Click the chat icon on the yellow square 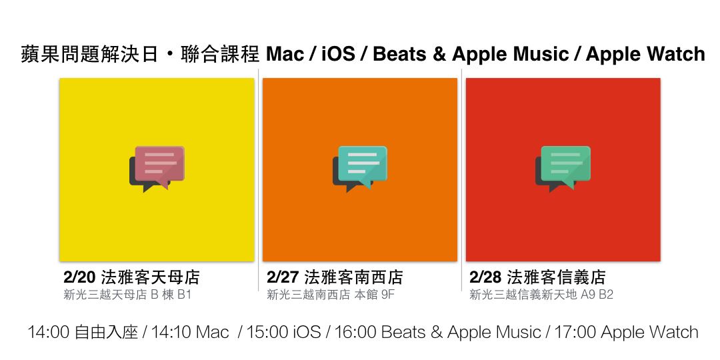(x=157, y=169)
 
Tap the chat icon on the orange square (x=360, y=169)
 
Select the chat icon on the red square (x=563, y=169)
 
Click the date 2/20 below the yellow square (x=79, y=277)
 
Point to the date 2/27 (x=283, y=277)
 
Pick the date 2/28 (x=485, y=277)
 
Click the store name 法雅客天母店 (x=150, y=277)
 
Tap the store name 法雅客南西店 (x=353, y=277)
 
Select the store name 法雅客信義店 (x=556, y=277)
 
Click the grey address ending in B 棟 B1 (x=127, y=295)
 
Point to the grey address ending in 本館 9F (x=331, y=295)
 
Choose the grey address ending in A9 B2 (x=541, y=295)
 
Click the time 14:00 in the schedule (x=48, y=332)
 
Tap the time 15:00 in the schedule (x=267, y=332)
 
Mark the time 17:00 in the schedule (x=575, y=332)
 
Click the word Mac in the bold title (x=285, y=54)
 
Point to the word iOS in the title (x=339, y=54)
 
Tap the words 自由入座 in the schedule (x=105, y=332)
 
